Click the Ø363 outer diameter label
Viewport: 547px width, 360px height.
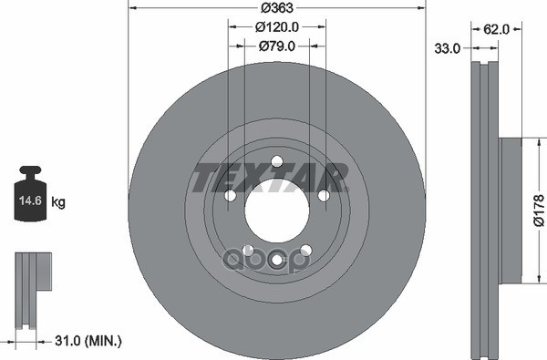(x=277, y=7)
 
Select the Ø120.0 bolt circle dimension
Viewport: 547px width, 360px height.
(x=277, y=26)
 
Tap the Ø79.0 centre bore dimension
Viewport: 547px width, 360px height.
(x=277, y=46)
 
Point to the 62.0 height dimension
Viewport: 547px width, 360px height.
(x=496, y=30)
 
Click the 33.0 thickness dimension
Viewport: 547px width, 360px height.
(x=448, y=48)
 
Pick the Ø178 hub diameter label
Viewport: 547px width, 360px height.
(x=539, y=211)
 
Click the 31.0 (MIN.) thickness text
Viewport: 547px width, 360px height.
(x=88, y=341)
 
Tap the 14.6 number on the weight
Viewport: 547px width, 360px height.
(x=30, y=201)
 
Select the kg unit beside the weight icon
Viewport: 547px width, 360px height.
(x=58, y=201)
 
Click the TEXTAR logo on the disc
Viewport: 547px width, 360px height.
(x=271, y=178)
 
